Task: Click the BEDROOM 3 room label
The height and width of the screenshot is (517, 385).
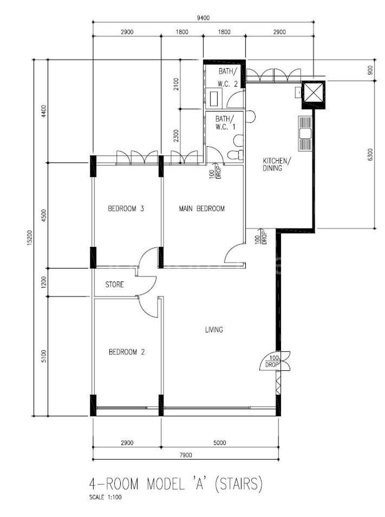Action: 126,208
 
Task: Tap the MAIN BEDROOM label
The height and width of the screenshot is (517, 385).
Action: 202,208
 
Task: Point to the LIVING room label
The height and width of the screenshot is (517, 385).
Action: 214,330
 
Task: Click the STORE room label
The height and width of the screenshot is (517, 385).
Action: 114,284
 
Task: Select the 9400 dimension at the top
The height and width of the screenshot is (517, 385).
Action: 203,18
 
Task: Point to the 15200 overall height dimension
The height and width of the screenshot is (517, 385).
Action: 30,238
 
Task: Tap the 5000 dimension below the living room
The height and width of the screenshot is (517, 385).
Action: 220,443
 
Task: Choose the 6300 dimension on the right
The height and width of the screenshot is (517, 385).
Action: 370,154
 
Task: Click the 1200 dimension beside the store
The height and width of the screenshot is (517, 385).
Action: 44,282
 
